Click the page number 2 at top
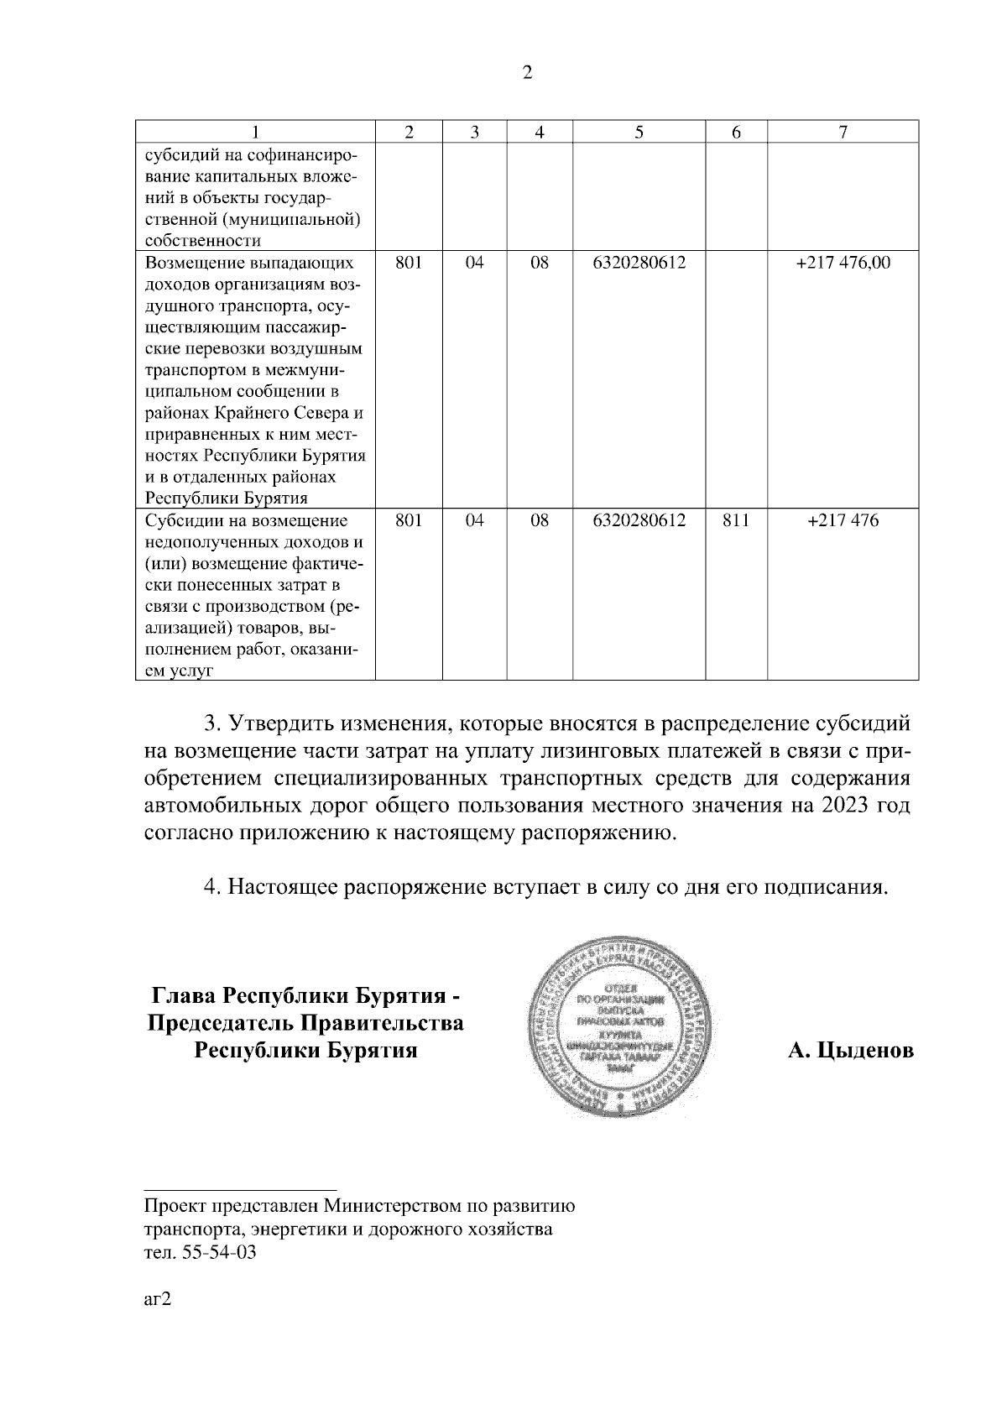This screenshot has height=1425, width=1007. point(527,73)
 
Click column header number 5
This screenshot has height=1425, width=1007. point(639,132)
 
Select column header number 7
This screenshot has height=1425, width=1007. point(843,132)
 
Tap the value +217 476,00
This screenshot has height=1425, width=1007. point(843,263)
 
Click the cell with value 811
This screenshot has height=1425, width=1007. point(735,520)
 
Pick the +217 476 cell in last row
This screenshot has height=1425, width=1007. point(843,520)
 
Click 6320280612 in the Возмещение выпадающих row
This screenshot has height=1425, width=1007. point(639,263)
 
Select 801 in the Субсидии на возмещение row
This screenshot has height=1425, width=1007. point(408,520)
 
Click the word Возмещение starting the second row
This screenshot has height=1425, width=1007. point(196,263)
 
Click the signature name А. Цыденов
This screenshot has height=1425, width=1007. point(850,1051)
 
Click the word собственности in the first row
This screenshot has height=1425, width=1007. point(202,241)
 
